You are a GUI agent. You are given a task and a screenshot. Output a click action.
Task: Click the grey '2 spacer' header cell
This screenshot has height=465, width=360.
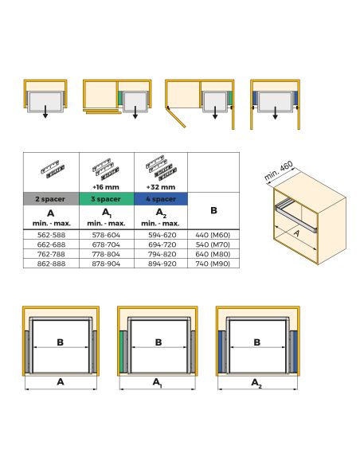51,198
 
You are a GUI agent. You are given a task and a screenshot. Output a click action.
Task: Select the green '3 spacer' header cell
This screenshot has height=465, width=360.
107,198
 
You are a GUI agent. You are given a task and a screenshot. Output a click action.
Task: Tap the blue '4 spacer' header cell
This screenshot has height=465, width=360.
160,198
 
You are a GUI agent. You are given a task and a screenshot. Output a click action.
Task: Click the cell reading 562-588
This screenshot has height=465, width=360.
51,236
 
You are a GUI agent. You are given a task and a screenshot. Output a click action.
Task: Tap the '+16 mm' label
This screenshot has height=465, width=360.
107,187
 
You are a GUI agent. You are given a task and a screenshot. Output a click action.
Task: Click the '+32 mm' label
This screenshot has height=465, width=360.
160,187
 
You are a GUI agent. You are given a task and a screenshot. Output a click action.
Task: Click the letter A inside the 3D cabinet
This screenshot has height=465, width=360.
296,233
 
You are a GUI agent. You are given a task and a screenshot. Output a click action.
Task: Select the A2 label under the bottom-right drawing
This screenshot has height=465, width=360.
256,383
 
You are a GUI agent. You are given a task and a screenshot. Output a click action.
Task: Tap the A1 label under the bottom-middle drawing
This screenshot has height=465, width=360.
158,383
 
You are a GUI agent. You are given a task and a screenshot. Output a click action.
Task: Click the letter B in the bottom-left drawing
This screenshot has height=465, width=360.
61,342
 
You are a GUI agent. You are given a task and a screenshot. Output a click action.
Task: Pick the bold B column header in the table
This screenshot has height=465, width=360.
213,210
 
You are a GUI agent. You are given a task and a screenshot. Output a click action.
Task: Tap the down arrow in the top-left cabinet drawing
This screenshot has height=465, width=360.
45,114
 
